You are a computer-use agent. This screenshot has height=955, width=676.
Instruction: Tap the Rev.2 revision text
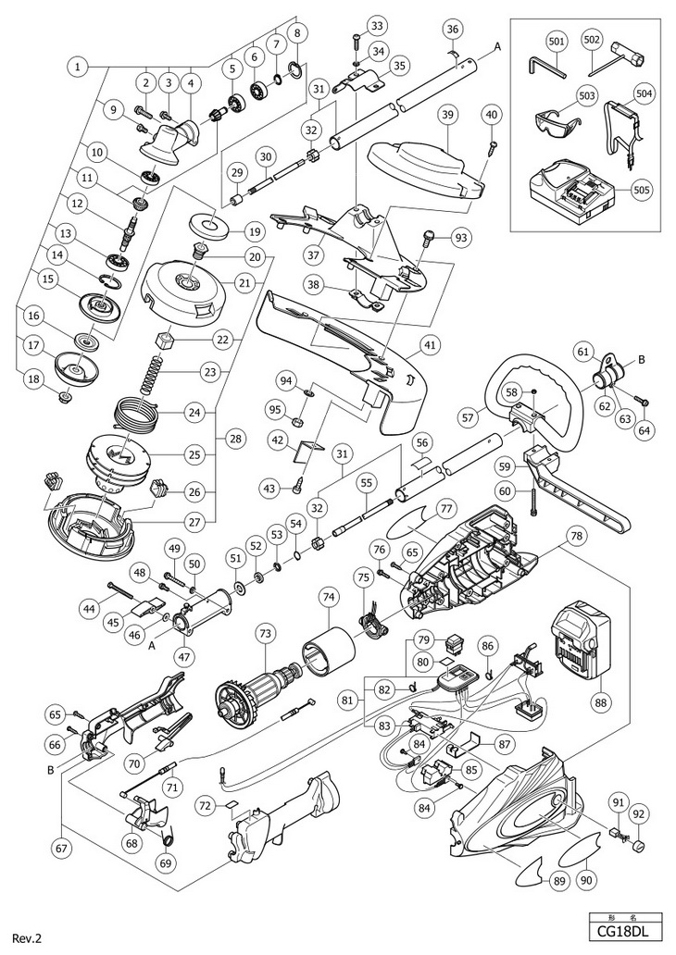[26, 938]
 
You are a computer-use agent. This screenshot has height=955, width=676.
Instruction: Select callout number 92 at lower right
[640, 815]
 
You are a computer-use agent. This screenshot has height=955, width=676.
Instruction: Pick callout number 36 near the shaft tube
[451, 30]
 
